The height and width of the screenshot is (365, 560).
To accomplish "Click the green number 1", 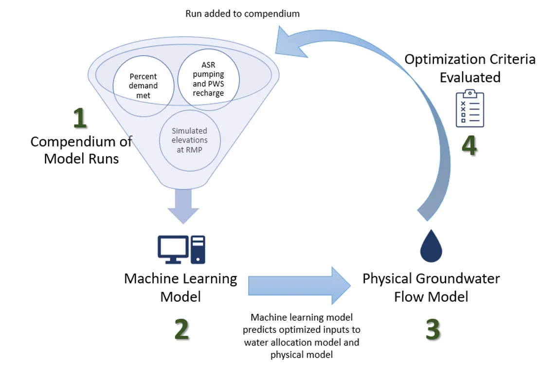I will (x=80, y=118).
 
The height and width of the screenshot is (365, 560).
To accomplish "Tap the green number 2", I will (x=181, y=329).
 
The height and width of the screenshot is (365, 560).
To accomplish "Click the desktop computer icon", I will (x=181, y=249).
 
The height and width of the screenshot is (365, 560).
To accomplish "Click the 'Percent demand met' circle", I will (x=143, y=86).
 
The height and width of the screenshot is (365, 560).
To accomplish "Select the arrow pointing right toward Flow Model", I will (x=299, y=286).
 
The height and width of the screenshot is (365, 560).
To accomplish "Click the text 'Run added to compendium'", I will (x=242, y=14).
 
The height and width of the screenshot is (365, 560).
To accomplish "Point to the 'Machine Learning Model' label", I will (x=181, y=287).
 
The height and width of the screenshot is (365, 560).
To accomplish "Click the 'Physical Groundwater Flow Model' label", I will (x=431, y=287).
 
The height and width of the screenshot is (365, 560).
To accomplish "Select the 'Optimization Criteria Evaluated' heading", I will (x=470, y=68).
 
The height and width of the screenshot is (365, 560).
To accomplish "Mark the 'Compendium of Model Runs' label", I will (x=81, y=150).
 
